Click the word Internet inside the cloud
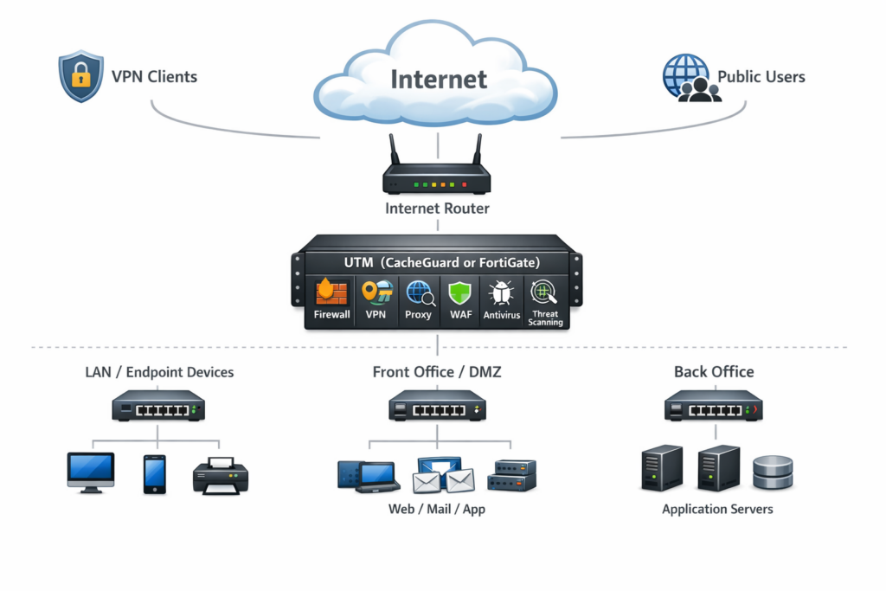(x=439, y=80)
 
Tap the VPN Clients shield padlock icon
(x=80, y=77)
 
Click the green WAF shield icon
(x=460, y=294)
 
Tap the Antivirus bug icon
(x=502, y=294)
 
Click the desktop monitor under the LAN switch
(x=91, y=472)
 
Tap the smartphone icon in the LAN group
(x=154, y=474)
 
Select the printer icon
(x=221, y=475)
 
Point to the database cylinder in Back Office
(x=773, y=472)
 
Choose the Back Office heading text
(x=714, y=372)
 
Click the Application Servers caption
(x=717, y=509)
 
